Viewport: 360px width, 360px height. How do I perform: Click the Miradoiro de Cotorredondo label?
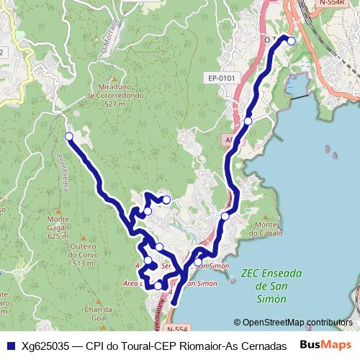pos(115,95)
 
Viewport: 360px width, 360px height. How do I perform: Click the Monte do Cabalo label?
pos(262,229)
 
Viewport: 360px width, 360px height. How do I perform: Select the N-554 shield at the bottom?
pos(176,329)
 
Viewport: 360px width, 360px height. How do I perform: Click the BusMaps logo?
pos(325,345)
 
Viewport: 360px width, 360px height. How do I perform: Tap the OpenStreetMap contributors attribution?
pos(293,323)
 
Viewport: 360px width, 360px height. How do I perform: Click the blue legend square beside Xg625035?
pos(10,346)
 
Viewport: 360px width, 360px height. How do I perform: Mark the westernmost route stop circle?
pos(69,136)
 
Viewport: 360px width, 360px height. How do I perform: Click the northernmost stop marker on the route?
pos(292,41)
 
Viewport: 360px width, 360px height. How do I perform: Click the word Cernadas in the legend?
pos(261,346)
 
